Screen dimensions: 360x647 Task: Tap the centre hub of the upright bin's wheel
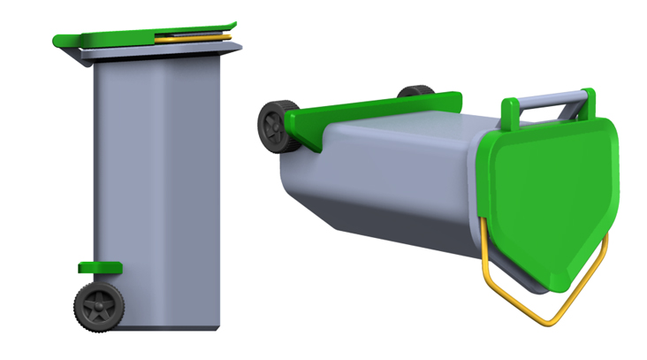coord(99,305)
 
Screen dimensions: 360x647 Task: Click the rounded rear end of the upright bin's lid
coord(62,41)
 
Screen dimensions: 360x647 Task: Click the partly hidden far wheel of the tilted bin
coord(415,92)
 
